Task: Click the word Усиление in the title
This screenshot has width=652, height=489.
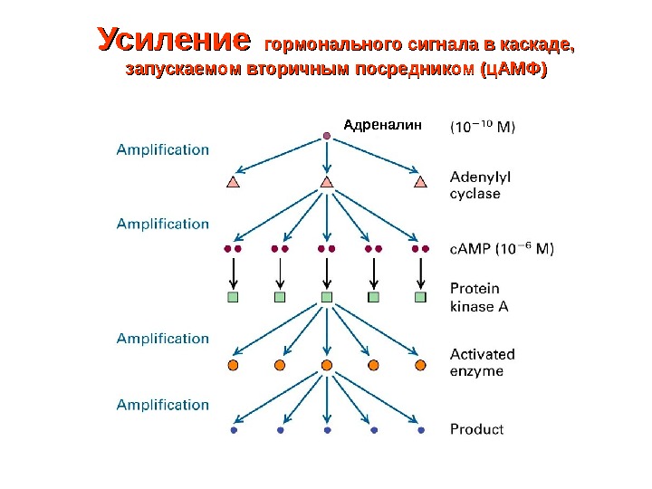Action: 173,41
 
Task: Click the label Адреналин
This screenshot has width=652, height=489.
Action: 383,126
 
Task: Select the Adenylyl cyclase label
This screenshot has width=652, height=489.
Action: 475,185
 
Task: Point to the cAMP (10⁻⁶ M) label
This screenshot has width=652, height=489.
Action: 503,248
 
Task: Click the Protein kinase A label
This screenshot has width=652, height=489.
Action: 479,297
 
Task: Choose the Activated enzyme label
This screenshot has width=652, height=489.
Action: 483,362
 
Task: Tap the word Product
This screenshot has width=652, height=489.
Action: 477,429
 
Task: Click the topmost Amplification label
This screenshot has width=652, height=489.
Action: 162,150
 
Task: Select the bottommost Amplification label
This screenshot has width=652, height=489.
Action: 162,405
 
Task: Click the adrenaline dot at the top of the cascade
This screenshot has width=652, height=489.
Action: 327,137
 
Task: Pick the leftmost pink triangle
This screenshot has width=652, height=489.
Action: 233,182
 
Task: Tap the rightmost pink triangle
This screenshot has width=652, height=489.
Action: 420,182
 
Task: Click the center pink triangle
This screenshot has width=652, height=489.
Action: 327,182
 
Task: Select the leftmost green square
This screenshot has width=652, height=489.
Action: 233,296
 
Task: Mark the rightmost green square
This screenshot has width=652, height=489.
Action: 420,296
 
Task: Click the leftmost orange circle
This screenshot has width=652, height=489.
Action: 233,365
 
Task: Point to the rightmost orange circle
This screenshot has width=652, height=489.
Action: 420,365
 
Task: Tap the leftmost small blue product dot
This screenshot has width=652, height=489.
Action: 233,431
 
